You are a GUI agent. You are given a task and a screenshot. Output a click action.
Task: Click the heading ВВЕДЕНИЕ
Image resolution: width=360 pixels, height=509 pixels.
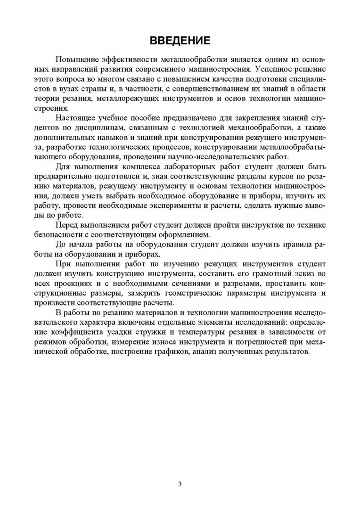tap(180, 41)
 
